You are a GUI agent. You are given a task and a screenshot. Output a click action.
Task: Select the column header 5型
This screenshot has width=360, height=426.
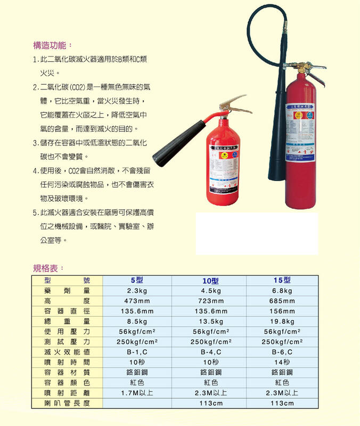(x=137, y=281)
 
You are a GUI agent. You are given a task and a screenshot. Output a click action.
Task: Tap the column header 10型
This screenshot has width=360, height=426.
(x=211, y=281)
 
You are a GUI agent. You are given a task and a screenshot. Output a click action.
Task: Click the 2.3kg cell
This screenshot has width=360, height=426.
(x=137, y=291)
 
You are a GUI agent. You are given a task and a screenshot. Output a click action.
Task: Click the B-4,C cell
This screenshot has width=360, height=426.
(x=211, y=353)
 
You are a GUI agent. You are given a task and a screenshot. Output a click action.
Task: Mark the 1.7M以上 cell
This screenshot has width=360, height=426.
(x=137, y=393)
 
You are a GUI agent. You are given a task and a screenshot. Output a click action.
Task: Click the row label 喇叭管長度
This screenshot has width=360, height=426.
(x=68, y=404)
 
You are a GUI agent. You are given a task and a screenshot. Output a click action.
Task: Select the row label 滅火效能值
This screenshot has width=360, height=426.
(x=68, y=353)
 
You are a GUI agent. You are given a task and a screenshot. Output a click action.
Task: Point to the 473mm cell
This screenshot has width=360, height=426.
(x=137, y=301)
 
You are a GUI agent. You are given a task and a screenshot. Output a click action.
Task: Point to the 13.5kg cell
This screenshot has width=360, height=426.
(x=211, y=322)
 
